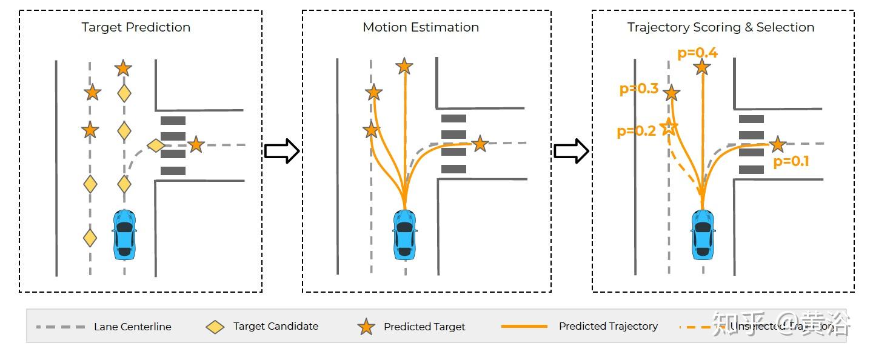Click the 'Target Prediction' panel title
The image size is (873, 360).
(136, 27)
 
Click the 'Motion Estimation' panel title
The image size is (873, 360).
(421, 27)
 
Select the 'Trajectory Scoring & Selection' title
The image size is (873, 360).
(720, 27)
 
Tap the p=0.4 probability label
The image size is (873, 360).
(697, 53)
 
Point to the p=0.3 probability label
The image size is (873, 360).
(638, 89)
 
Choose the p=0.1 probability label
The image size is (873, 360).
(791, 161)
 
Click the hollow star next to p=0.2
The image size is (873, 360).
(668, 127)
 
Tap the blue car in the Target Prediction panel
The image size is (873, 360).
(124, 235)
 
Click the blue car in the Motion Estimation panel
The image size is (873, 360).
(405, 235)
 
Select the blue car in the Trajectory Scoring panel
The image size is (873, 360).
(703, 235)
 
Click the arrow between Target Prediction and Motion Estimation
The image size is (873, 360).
(282, 151)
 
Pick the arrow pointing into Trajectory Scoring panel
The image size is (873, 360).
(571, 151)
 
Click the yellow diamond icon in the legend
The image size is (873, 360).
(215, 327)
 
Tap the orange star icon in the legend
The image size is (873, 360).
(366, 327)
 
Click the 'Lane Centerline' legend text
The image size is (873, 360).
(132, 327)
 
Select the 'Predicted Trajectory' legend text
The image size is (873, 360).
(608, 326)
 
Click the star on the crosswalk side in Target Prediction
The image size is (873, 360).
(195, 144)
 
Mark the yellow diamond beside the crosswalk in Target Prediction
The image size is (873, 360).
(156, 145)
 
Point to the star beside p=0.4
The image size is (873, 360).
(702, 67)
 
